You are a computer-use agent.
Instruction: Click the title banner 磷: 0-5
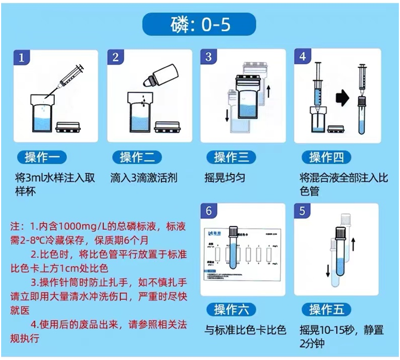coord(200,25)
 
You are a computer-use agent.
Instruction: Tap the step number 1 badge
coord(21,58)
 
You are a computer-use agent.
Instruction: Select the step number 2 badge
coord(115,58)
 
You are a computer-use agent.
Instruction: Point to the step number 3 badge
coord(209,58)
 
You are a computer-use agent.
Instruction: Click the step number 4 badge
coord(303,58)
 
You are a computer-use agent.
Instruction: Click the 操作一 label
coord(43,157)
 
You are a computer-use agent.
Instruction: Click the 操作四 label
coord(326,157)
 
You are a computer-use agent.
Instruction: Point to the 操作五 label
coord(326,309)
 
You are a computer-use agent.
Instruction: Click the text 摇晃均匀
coord(225,177)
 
